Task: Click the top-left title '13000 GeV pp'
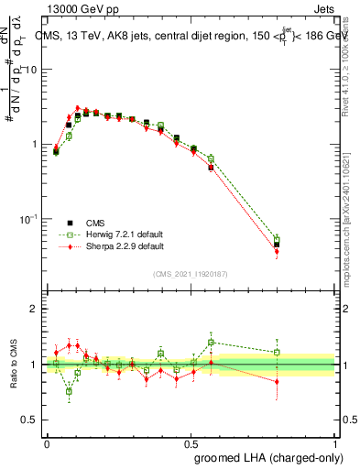[x=80, y=8]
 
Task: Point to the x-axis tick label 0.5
[x=191, y=442]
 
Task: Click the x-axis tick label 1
[x=334, y=442]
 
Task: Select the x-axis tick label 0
[x=47, y=442]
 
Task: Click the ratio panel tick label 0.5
[x=31, y=420]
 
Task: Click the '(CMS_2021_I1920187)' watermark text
[x=191, y=274]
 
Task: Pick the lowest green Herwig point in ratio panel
[x=70, y=391]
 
